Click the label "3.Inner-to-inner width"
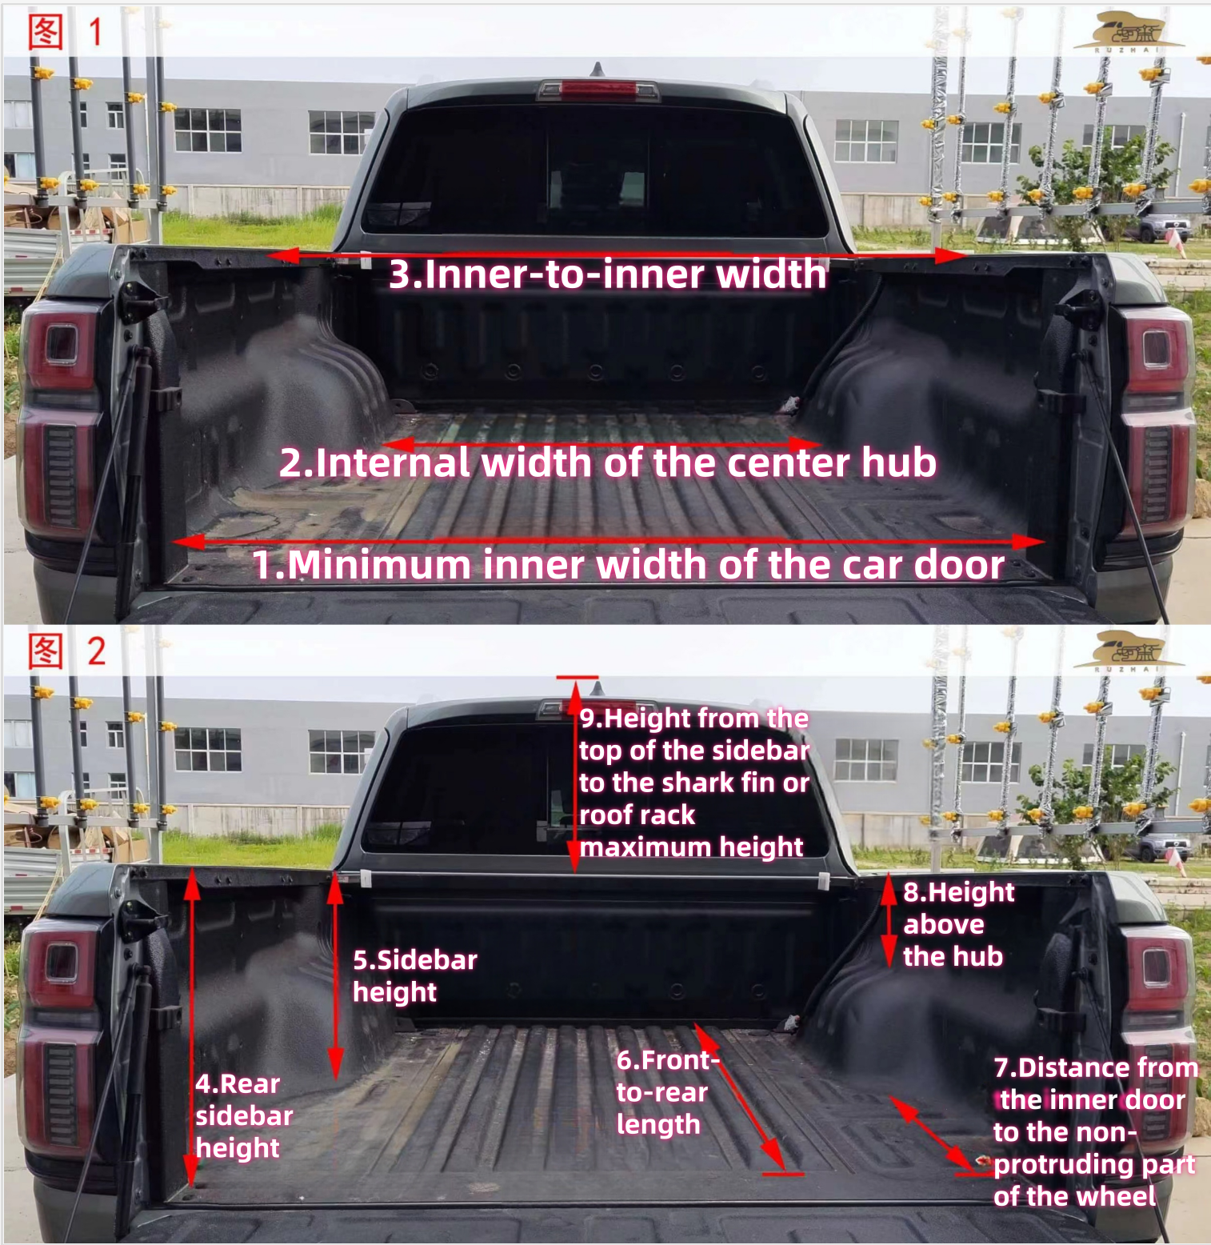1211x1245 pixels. (608, 274)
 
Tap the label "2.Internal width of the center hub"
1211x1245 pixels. (608, 463)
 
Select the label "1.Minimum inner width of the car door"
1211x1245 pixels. (628, 565)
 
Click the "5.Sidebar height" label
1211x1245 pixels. (415, 975)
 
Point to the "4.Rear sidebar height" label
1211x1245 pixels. (244, 1115)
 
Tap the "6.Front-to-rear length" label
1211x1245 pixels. (668, 1092)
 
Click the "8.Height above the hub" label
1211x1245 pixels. (958, 924)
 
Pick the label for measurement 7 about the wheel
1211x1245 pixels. (1095, 1131)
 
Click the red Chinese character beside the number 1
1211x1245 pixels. (46, 33)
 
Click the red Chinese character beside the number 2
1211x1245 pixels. (46, 651)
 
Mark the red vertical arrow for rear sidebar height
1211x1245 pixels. (192, 1028)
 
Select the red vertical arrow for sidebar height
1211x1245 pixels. (335, 976)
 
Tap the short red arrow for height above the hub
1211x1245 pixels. (888, 921)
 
